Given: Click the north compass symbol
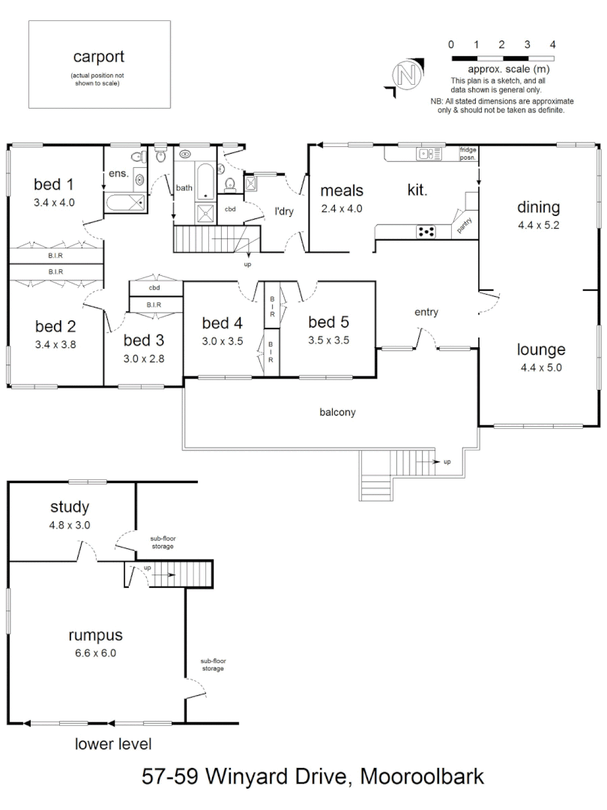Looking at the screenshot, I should tap(407, 75).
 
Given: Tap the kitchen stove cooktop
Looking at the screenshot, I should tap(426, 232).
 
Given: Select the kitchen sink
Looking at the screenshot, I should tap(428, 154).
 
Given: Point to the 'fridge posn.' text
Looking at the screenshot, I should tap(468, 154).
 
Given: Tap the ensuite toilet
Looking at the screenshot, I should tap(137, 157).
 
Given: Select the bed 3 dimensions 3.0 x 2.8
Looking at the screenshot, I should tap(144, 358).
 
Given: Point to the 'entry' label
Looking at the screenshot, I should tap(426, 312).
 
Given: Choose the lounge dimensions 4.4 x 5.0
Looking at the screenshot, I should tap(542, 367).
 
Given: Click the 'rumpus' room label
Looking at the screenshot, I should tap(95, 636).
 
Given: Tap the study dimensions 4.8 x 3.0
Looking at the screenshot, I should tap(70, 525).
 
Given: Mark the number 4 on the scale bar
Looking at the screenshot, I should tap(552, 44).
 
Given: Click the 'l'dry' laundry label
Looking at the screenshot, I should tap(283, 211).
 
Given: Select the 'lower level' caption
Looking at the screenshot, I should tap(113, 745).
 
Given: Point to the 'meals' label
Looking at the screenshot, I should tap(342, 191).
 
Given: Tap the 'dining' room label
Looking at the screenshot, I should tap(538, 208).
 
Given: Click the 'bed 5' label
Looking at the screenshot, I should tap(328, 322).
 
